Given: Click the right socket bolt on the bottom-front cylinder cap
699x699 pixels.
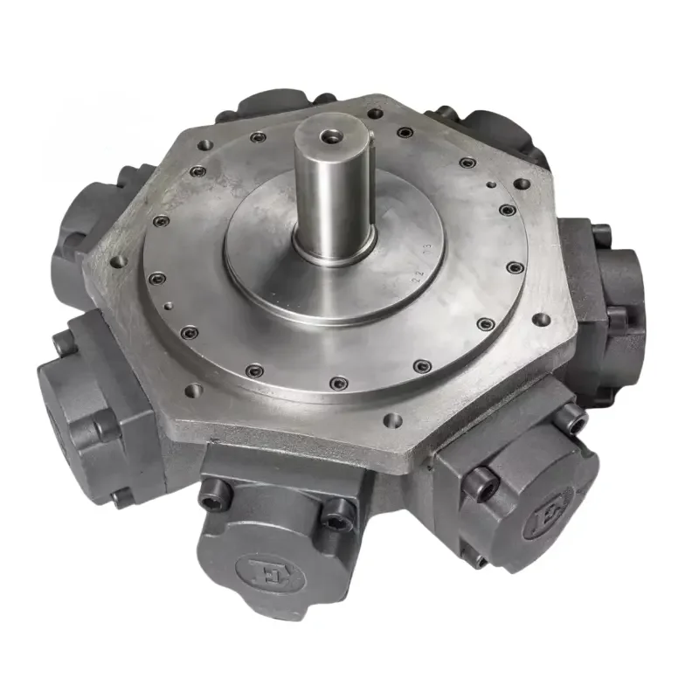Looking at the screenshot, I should [336, 521].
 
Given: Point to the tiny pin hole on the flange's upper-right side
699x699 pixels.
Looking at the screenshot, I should [492, 185].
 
